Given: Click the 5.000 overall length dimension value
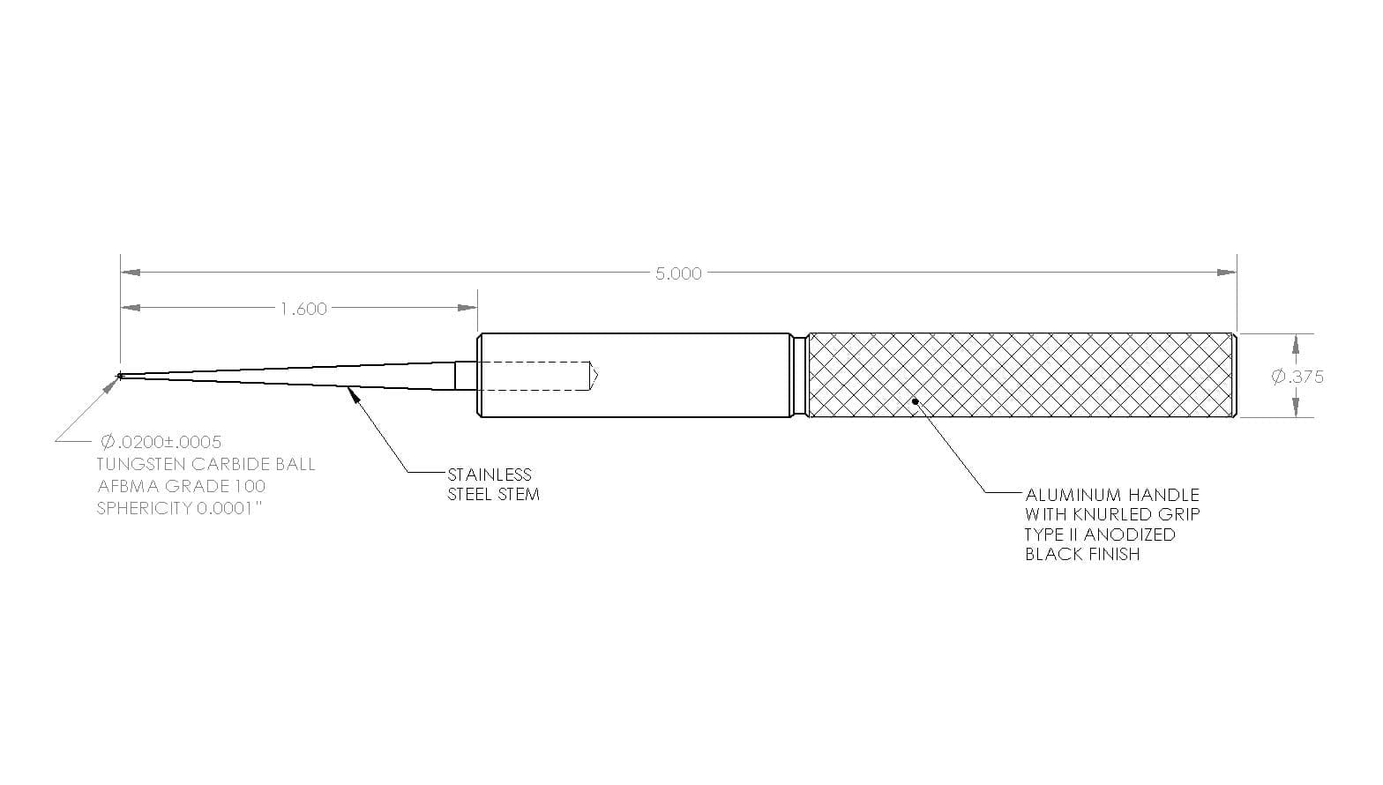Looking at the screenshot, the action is [678, 273].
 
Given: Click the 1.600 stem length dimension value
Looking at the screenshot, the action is [303, 309].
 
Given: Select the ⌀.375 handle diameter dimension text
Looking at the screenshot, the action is [1297, 377].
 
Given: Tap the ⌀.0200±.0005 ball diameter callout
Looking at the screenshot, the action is [161, 442].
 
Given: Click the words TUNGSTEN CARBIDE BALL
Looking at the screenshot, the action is [206, 465].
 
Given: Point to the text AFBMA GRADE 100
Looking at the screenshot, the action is [182, 487].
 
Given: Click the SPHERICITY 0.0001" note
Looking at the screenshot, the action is [183, 509].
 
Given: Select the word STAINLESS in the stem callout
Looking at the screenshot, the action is [490, 475].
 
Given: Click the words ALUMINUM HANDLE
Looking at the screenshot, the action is [1112, 496].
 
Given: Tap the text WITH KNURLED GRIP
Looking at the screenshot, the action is [1112, 515].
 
